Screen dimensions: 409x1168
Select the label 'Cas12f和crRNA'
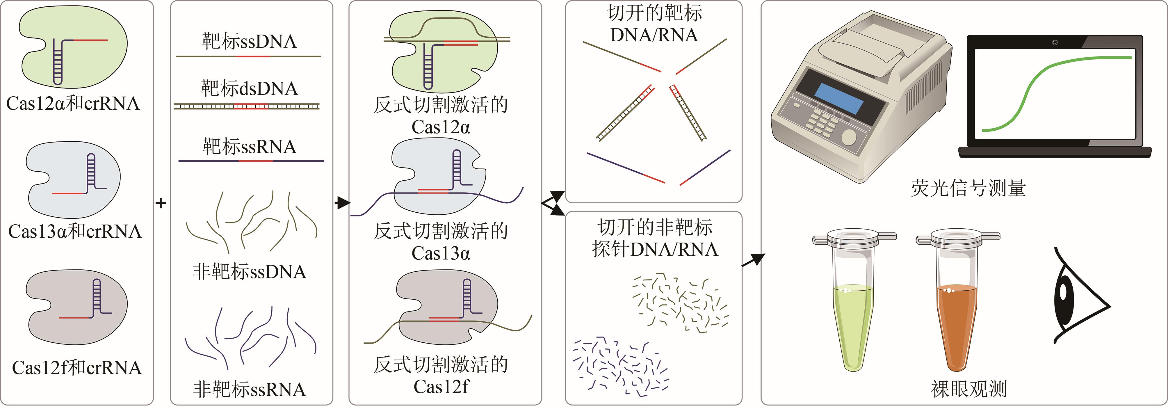76,368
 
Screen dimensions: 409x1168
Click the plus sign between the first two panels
161,203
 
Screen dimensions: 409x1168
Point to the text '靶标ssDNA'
249,42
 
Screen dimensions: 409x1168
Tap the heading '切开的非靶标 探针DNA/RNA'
655,238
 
